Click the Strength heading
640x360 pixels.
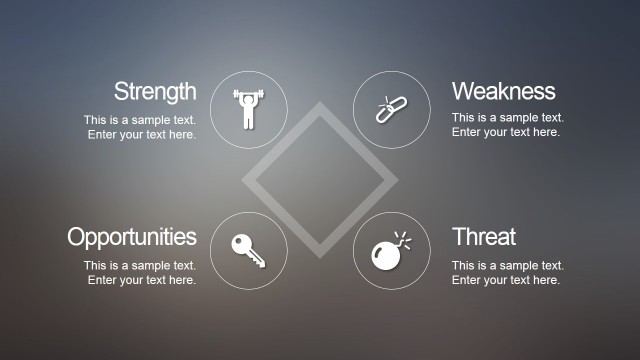coord(155,92)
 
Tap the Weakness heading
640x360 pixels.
coord(503,92)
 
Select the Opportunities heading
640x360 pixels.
coord(132,237)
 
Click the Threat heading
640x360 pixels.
coord(484,237)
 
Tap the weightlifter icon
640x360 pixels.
coord(249,110)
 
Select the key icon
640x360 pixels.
coord(248,250)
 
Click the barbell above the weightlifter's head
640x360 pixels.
coord(249,95)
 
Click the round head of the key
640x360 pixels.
coord(241,243)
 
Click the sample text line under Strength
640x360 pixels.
coord(140,120)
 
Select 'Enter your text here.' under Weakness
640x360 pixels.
coord(506,133)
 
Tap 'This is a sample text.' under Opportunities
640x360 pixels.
coord(140,266)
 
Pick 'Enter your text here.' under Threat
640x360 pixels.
coord(506,280)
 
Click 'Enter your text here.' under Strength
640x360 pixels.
coord(142,134)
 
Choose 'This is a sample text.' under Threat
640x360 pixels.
coord(508,266)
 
